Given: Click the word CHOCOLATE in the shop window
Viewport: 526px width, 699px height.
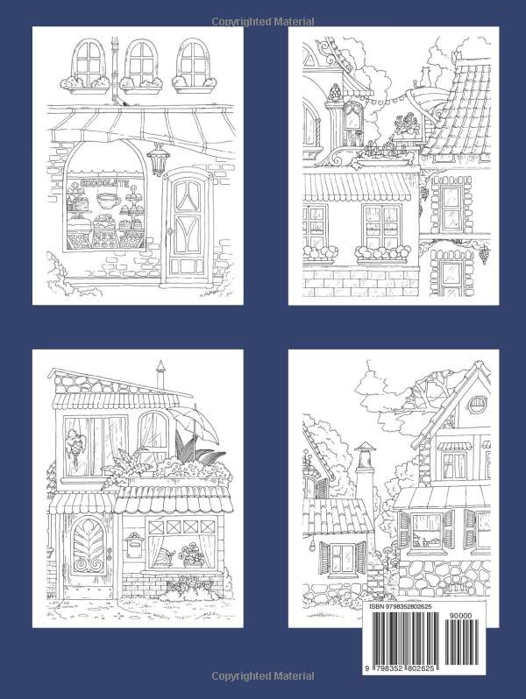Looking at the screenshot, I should pyautogui.click(x=104, y=183).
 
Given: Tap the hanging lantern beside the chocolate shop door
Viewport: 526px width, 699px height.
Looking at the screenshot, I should pyautogui.click(x=159, y=160).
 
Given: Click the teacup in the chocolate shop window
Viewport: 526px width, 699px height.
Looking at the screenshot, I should pyautogui.click(x=109, y=201).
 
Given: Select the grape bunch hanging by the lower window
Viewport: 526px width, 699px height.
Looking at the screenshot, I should pyautogui.click(x=482, y=255).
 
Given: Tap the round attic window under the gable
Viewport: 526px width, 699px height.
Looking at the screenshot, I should pyautogui.click(x=477, y=405).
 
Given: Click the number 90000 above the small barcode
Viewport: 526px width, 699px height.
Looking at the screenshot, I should pyautogui.click(x=477, y=617).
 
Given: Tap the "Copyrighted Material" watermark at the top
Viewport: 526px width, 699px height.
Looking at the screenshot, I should pyautogui.click(x=262, y=19).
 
